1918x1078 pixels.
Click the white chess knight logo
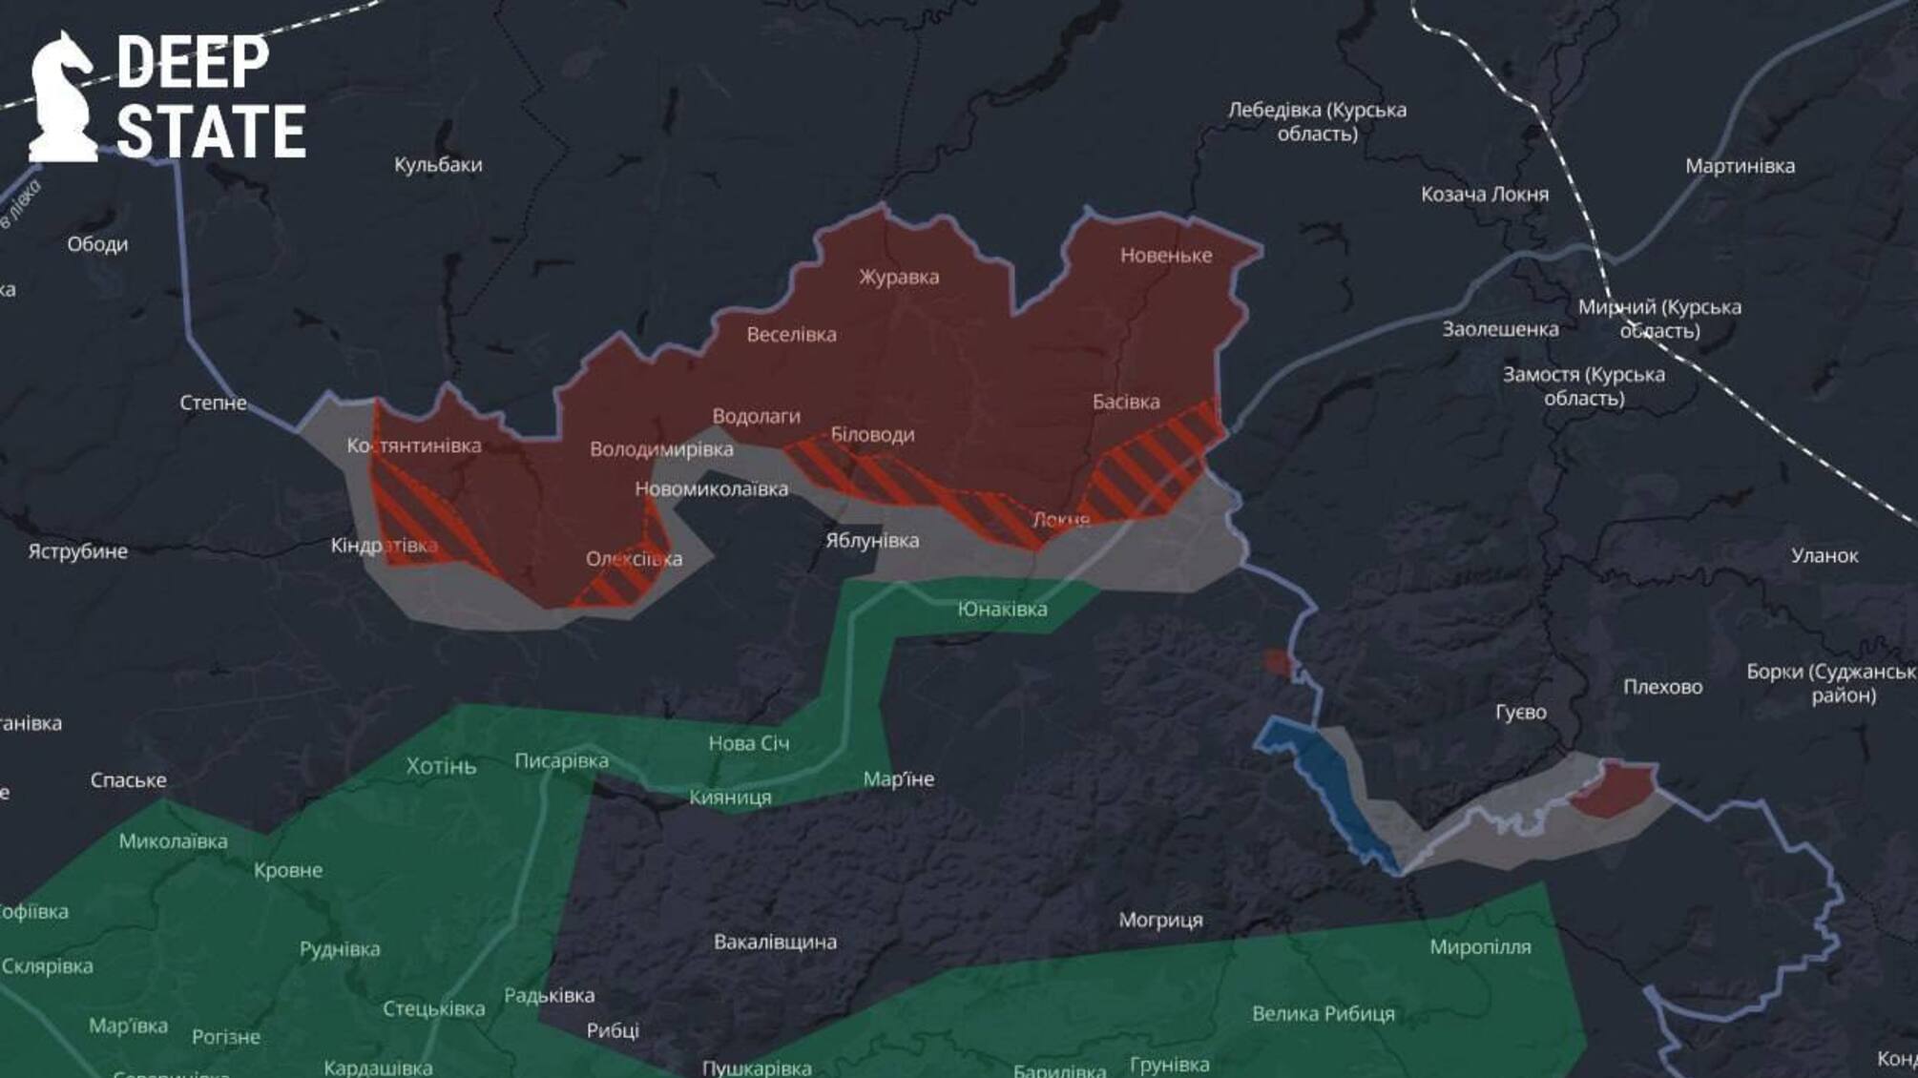point(63,97)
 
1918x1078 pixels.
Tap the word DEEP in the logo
point(193,63)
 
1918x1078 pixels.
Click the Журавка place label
point(899,277)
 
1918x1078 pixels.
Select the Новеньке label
point(1166,255)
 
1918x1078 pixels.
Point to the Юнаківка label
point(1002,609)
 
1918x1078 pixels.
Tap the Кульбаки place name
point(438,164)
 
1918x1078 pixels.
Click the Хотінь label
point(441,766)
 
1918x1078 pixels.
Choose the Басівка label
point(1126,402)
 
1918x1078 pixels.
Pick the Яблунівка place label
point(872,540)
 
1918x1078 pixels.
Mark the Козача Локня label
point(1484,194)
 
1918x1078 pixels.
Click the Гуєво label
point(1520,712)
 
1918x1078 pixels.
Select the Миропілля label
point(1480,946)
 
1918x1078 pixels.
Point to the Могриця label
point(1160,920)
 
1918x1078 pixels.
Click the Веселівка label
point(791,334)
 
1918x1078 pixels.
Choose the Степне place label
point(213,403)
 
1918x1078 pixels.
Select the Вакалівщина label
point(775,942)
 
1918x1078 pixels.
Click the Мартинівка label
point(1740,165)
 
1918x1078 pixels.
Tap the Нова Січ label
point(749,742)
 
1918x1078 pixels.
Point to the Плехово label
point(1662,686)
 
